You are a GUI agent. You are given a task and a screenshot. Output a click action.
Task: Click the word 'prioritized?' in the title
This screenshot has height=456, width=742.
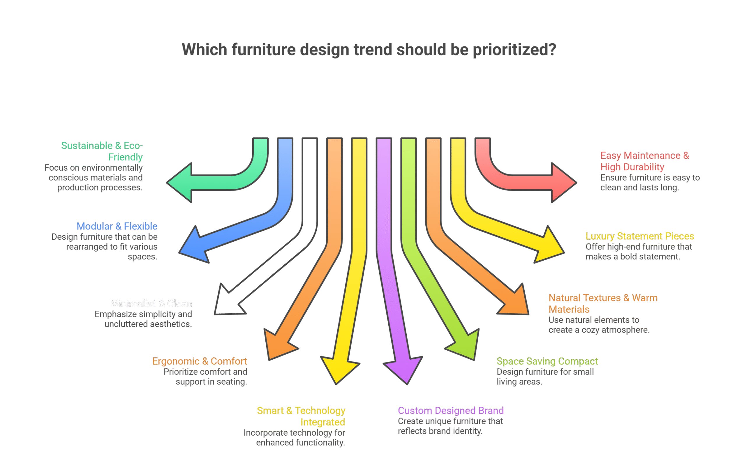(x=514, y=50)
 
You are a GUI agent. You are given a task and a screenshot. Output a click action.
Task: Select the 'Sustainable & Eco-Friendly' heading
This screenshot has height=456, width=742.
(x=102, y=151)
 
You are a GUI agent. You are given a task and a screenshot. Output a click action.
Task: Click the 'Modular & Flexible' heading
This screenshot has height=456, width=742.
(x=117, y=226)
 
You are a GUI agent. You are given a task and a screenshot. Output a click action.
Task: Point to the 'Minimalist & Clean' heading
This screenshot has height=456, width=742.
(x=151, y=303)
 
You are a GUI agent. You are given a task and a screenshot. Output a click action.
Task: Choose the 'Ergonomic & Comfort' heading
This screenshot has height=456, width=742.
(x=200, y=361)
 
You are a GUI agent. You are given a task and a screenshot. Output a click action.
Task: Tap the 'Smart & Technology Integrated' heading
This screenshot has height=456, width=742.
(x=301, y=416)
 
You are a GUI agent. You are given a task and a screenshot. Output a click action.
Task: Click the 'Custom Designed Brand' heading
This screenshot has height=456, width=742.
(x=450, y=411)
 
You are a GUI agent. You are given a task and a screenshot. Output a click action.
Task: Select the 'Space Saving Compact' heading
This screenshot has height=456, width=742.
(x=547, y=361)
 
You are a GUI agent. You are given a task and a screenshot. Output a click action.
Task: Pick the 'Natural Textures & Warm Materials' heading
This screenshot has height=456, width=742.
(x=602, y=303)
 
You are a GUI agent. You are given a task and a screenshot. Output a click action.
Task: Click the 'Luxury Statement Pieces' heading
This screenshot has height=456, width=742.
(x=639, y=236)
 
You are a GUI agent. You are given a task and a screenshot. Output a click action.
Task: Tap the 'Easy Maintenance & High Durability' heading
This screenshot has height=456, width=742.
(x=644, y=161)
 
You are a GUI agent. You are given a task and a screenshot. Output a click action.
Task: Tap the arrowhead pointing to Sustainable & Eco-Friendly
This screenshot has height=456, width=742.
(x=181, y=183)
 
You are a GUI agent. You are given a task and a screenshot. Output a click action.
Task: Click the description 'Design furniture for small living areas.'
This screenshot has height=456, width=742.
(x=545, y=377)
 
